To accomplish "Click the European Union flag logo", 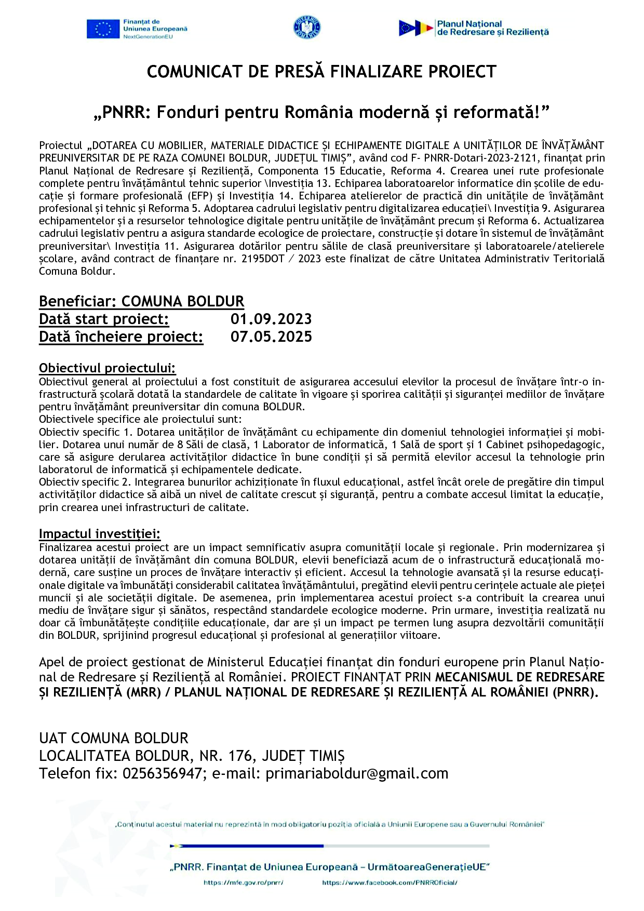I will [x=103, y=29].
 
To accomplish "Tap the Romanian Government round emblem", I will [x=307, y=28].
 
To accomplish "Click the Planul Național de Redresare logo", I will [x=473, y=28].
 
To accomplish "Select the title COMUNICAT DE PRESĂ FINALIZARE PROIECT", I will [x=321, y=72].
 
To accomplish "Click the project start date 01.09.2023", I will [x=271, y=319].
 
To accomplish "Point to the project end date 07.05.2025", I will [x=271, y=337].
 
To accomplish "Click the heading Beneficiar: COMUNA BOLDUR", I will [x=141, y=302].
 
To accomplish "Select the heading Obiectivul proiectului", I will [x=107, y=368].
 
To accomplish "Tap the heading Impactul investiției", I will [x=100, y=534].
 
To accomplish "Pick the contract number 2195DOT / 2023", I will [x=281, y=259].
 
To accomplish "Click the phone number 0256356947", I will [x=162, y=773].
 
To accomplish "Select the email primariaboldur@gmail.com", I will [x=357, y=773].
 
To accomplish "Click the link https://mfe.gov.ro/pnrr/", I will [x=244, y=882].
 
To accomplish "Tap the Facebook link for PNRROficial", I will [x=390, y=882].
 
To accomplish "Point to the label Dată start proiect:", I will [x=104, y=319].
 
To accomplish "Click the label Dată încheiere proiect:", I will [x=121, y=337].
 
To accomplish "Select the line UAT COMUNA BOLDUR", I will [x=114, y=738].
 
